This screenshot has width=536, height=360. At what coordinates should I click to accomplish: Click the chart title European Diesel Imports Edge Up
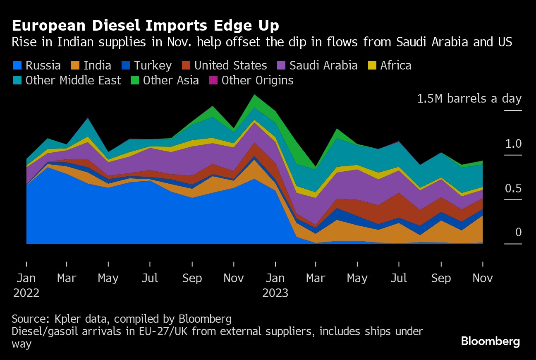pos(145,26)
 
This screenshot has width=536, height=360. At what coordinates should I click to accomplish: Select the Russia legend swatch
pos(17,65)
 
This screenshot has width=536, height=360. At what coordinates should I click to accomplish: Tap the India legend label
pos(97,65)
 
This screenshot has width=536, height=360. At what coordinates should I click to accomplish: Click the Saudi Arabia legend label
pos(323,65)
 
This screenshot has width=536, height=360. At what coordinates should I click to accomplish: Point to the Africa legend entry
pos(391,65)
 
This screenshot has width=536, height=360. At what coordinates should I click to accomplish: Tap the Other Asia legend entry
pos(165,80)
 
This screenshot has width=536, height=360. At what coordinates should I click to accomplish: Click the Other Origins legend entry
pos(252,80)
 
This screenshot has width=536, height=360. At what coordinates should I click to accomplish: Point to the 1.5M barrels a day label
pos(469,99)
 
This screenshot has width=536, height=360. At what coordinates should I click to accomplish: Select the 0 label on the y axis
pos(518,233)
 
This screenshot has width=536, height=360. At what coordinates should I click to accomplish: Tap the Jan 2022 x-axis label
pos(26,285)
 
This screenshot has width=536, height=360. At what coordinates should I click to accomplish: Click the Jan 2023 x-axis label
pos(275,285)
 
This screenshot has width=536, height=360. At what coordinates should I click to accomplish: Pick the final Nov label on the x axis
pos(483,278)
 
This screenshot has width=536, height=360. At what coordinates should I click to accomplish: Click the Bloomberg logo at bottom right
pos(491,341)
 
